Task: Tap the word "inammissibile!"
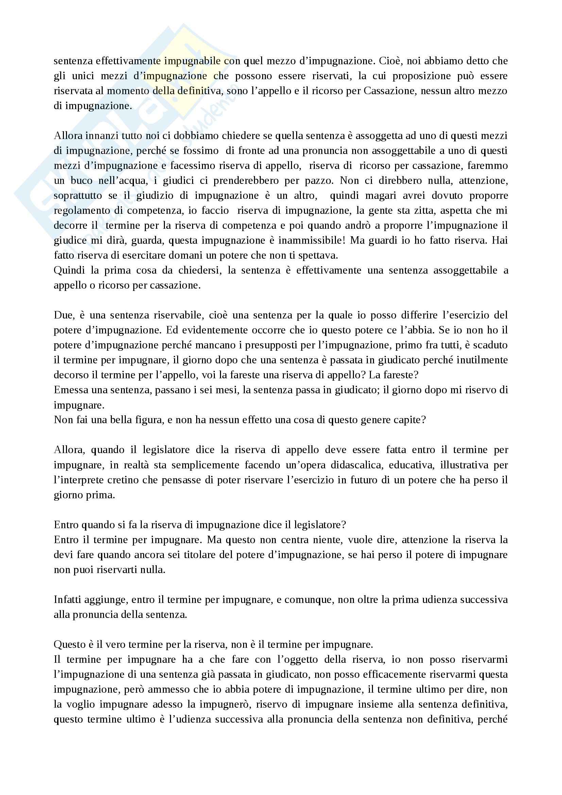coord(308,240)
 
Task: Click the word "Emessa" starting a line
coord(71,390)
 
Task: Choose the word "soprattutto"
coord(78,196)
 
